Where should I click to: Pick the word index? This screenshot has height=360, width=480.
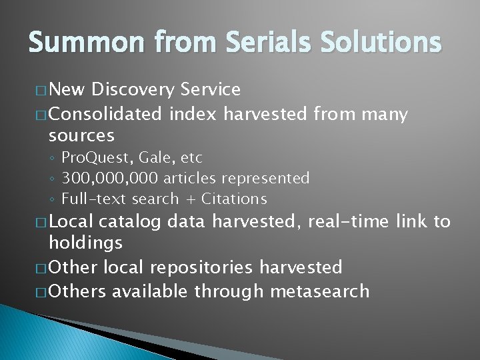pos(193,115)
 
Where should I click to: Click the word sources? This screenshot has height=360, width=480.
pos(81,136)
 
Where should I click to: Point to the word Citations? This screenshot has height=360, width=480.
pos(234,199)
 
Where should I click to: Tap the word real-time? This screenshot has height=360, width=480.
pos(349,221)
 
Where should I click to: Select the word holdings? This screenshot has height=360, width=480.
pos(85,243)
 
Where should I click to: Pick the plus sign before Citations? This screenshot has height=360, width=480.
pos(190,199)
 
